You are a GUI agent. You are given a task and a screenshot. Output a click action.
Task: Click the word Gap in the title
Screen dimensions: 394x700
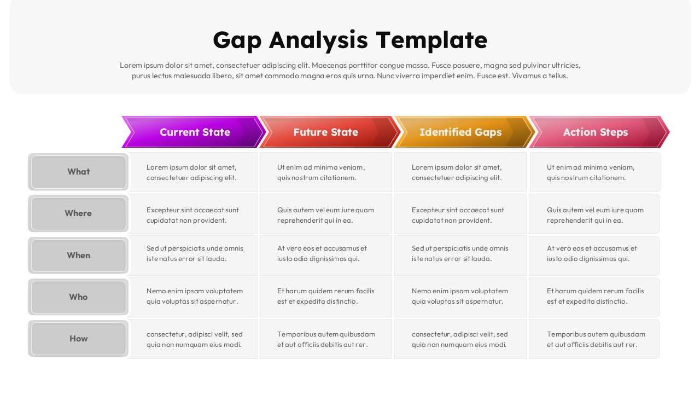[x=237, y=40]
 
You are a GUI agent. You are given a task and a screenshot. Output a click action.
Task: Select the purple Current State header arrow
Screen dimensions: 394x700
[x=194, y=132]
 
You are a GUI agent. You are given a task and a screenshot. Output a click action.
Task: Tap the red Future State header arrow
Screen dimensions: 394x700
[x=326, y=132]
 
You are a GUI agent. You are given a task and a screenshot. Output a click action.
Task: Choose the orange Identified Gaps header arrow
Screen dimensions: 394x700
[x=460, y=132]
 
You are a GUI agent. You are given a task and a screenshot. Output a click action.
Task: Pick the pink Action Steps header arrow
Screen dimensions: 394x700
[x=596, y=132]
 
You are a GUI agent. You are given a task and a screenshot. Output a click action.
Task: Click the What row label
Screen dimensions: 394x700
[x=78, y=172]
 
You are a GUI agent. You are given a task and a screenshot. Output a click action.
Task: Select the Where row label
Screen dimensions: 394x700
[x=78, y=213]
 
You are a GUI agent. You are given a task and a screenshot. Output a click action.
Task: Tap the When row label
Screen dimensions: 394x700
[x=78, y=255]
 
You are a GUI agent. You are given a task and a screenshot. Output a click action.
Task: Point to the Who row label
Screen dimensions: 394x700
[x=78, y=297]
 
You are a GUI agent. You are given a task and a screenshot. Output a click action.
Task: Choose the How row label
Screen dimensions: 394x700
[x=78, y=338]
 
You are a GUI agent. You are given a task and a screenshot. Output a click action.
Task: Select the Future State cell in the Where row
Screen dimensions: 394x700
[x=325, y=215]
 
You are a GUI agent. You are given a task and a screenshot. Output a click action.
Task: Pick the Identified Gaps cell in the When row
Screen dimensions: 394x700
[x=460, y=253]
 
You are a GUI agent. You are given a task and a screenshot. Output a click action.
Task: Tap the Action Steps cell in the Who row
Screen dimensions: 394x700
[x=594, y=296]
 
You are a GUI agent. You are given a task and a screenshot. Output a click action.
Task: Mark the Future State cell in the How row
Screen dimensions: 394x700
[x=325, y=339]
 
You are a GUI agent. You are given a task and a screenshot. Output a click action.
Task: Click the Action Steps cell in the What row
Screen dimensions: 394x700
[x=594, y=172]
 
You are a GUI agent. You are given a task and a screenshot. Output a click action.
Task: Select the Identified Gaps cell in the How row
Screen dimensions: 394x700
[x=460, y=339]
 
